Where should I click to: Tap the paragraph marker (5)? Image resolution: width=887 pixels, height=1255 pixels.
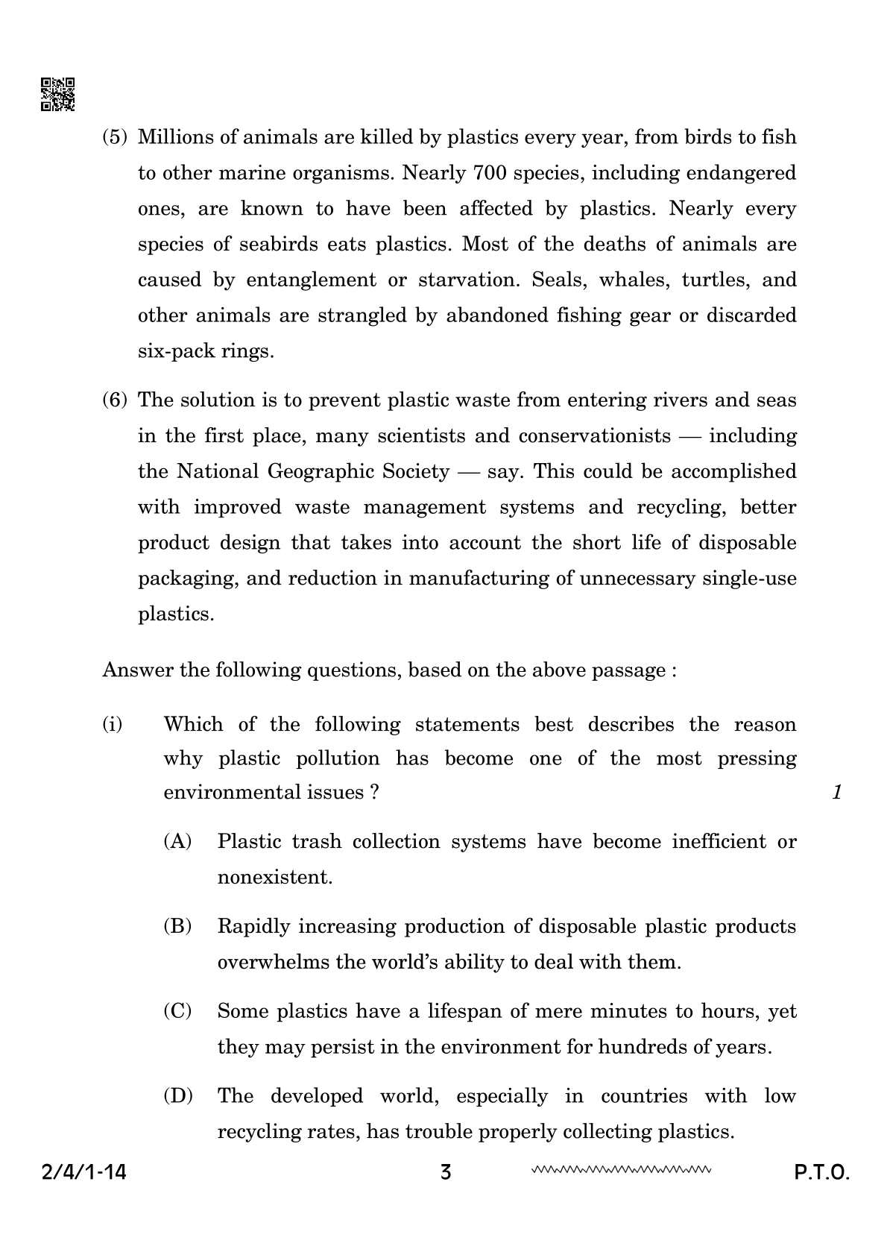point(116,137)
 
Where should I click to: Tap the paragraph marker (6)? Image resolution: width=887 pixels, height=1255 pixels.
point(116,400)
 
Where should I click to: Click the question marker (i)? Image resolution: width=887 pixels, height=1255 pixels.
point(113,724)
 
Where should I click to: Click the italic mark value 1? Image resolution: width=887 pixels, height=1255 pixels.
point(837,792)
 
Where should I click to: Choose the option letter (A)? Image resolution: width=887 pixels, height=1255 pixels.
point(177,842)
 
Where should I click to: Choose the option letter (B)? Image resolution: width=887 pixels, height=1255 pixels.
point(177,927)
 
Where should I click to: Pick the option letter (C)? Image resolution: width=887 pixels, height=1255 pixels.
point(177,1012)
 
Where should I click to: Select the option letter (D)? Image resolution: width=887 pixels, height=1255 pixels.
point(177,1096)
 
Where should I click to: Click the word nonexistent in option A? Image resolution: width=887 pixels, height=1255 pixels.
point(274,878)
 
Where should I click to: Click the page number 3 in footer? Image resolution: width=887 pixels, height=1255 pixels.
point(446,1173)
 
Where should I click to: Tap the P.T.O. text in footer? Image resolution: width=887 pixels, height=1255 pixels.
point(821,1173)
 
